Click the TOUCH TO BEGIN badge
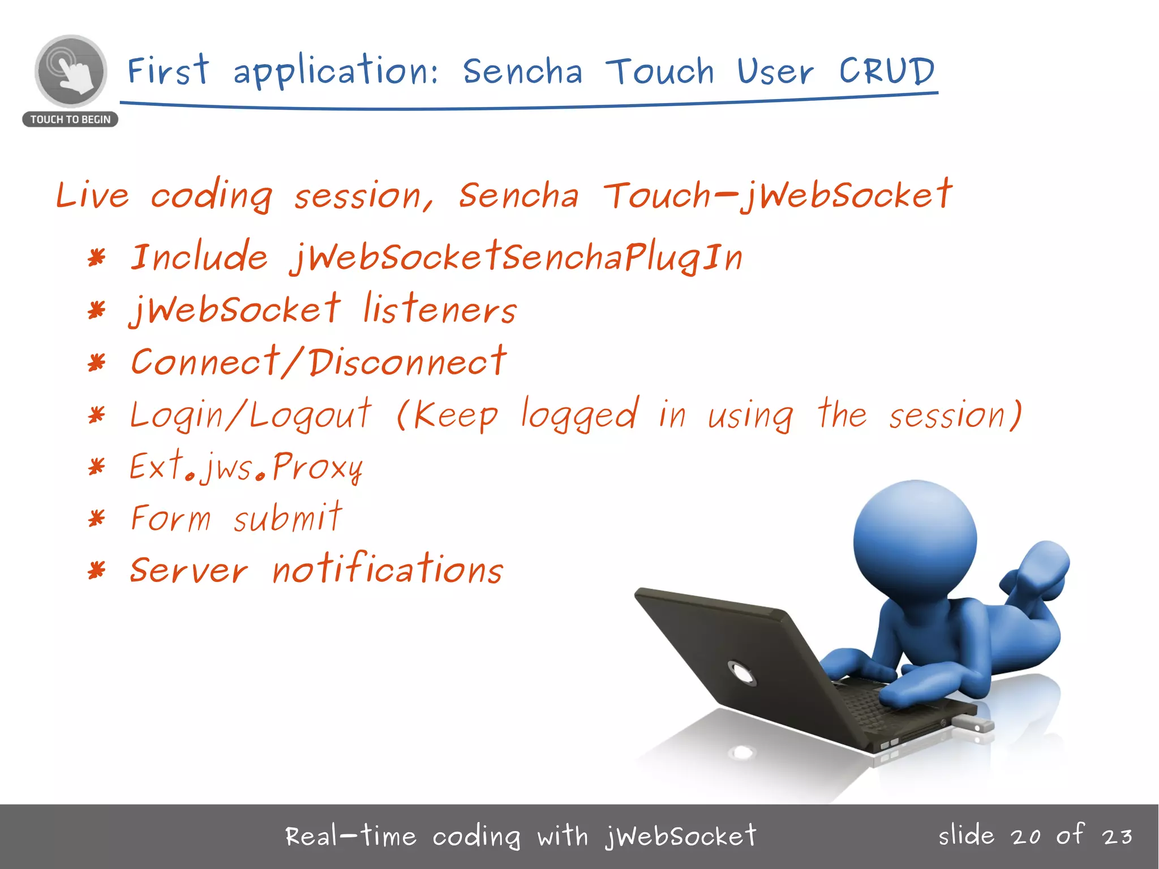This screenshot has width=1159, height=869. tap(70, 119)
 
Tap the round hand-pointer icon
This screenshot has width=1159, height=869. tap(71, 71)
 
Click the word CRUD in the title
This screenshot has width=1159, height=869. tap(886, 71)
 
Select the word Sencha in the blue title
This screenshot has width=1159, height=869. tap(522, 72)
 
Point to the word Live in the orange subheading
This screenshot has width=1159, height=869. tap(92, 195)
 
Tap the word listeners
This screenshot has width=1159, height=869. tap(439, 310)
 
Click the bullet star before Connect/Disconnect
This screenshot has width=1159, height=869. tap(97, 362)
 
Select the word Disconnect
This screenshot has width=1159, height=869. tap(407, 362)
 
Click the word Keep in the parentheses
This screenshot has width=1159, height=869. tap(456, 416)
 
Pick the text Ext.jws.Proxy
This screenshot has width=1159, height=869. tap(246, 468)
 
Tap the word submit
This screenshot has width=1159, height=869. tap(287, 518)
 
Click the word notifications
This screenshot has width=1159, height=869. tap(387, 570)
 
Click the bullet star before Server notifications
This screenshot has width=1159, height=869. tap(97, 570)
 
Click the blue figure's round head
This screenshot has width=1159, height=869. tap(915, 541)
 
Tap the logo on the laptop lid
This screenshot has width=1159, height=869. tap(741, 673)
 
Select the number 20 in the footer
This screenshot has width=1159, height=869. tap(1025, 837)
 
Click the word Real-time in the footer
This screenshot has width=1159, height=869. tap(350, 836)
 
